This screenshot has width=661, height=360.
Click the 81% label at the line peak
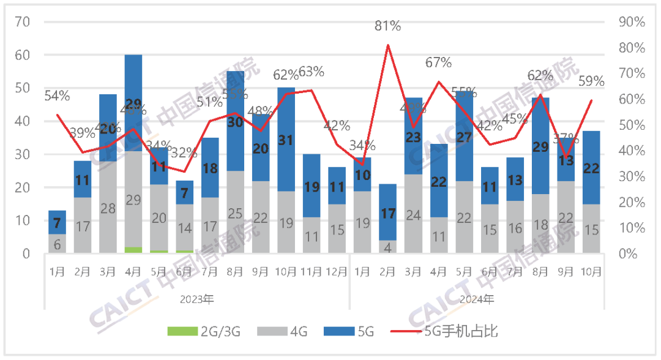pos(387,26)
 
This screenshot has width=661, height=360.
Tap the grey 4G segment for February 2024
pos(387,247)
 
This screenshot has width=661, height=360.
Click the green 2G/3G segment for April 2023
pos(133,250)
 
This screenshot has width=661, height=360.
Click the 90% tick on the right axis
pos(632,22)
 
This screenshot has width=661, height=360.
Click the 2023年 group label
pos(197,299)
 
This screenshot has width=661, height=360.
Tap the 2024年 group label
pos(477,299)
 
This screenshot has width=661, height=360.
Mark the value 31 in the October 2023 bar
pos(286,140)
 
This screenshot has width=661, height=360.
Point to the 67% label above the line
pos(438,62)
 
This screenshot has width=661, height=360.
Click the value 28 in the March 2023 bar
pos(108,208)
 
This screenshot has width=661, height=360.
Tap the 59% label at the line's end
pos(591,81)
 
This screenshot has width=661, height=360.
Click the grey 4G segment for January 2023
pos(58,244)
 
